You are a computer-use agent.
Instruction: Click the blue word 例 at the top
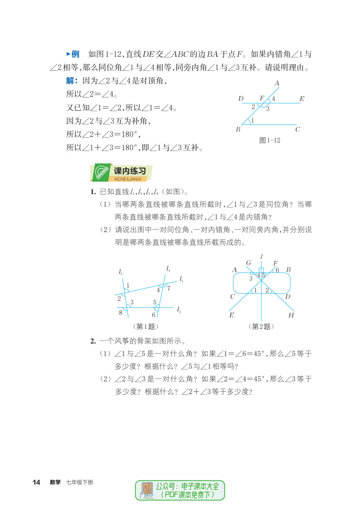75,54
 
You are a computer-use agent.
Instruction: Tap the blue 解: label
72,81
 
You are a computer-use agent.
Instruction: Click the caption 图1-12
270,140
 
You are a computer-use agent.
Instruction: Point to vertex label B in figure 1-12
238,129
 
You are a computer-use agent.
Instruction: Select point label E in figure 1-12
302,99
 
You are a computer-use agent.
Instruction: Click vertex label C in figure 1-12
297,129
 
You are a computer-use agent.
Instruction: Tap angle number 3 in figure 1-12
268,109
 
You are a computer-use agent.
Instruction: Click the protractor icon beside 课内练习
102,172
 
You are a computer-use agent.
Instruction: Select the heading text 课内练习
130,171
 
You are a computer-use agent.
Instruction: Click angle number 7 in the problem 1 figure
169,288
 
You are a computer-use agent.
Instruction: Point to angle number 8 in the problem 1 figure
121,313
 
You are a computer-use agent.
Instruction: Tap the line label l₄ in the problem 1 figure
168,268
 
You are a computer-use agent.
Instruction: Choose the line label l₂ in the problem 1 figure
179,310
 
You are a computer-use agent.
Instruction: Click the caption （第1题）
146,326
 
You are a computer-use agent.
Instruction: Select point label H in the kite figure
291,315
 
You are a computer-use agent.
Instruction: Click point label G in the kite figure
248,263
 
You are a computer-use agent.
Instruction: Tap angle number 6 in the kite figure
277,270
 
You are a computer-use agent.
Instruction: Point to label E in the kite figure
232,315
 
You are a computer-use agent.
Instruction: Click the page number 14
36,482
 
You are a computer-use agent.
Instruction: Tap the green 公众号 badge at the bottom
180,490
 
